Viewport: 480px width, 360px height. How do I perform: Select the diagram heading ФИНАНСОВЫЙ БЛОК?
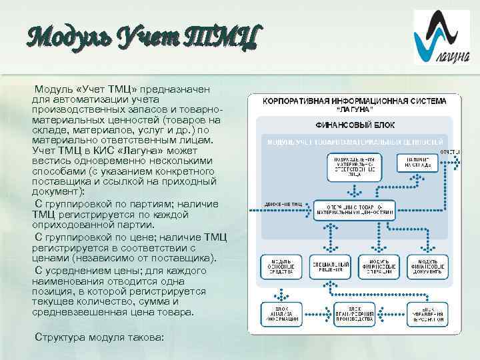[x=354, y=125]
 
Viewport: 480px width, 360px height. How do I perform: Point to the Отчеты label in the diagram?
[x=449, y=152]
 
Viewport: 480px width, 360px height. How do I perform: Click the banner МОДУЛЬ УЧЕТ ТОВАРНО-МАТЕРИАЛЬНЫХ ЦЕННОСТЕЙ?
[x=355, y=142]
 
